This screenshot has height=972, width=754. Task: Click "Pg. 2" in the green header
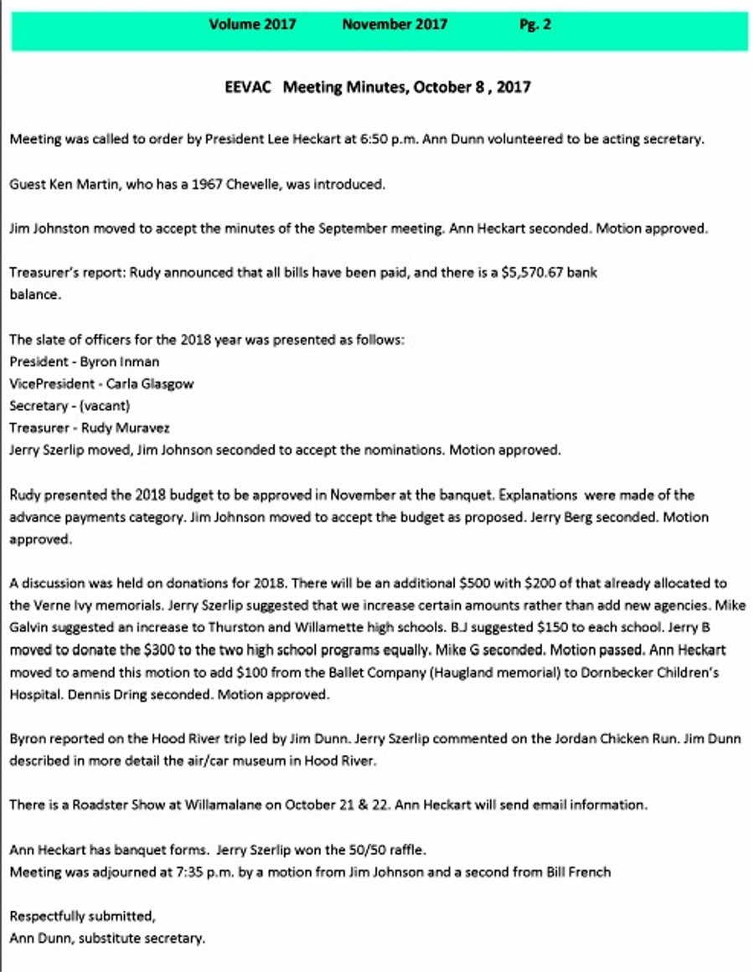click(x=535, y=24)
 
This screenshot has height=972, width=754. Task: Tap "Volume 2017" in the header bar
click(x=252, y=24)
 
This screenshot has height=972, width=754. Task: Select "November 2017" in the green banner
click(x=395, y=24)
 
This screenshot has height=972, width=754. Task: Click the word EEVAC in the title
click(x=249, y=87)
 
